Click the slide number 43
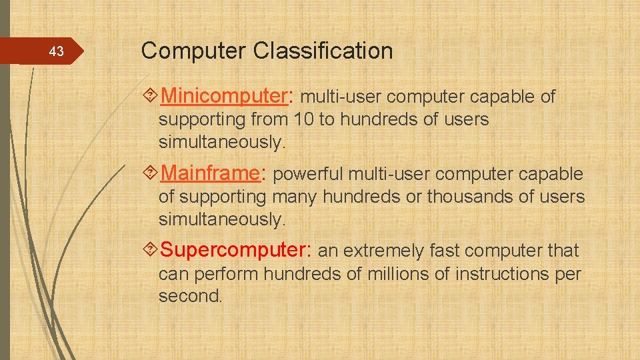click(x=57, y=51)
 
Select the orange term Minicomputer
click(x=223, y=97)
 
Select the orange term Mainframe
click(x=210, y=174)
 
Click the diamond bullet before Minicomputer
click(x=151, y=97)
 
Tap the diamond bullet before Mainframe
click(x=151, y=174)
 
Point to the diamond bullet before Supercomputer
click(x=151, y=251)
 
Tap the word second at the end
click(x=189, y=297)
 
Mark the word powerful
click(x=307, y=175)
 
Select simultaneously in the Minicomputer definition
click(x=221, y=143)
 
